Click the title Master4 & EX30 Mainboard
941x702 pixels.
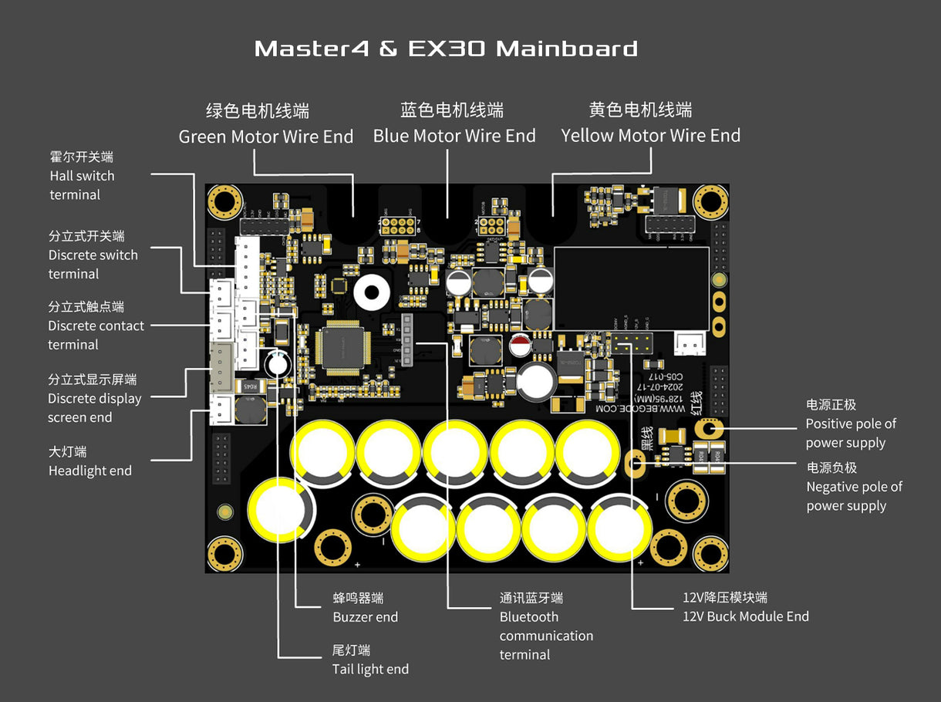(x=446, y=49)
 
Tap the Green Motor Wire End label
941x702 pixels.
(x=265, y=137)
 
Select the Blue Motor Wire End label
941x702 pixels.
(x=454, y=136)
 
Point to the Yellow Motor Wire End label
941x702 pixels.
(x=650, y=135)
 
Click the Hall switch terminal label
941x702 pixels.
(x=82, y=176)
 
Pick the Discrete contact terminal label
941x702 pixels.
(x=96, y=326)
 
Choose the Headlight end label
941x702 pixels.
(x=89, y=471)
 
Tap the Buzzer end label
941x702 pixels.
(x=365, y=617)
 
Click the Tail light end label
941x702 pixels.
(x=370, y=669)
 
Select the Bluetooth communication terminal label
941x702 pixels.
(x=545, y=636)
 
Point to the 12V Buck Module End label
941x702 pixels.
(x=745, y=616)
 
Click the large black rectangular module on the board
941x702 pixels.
(x=631, y=288)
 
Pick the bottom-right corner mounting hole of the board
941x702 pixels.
(x=710, y=552)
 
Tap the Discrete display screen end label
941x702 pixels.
(x=94, y=399)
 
